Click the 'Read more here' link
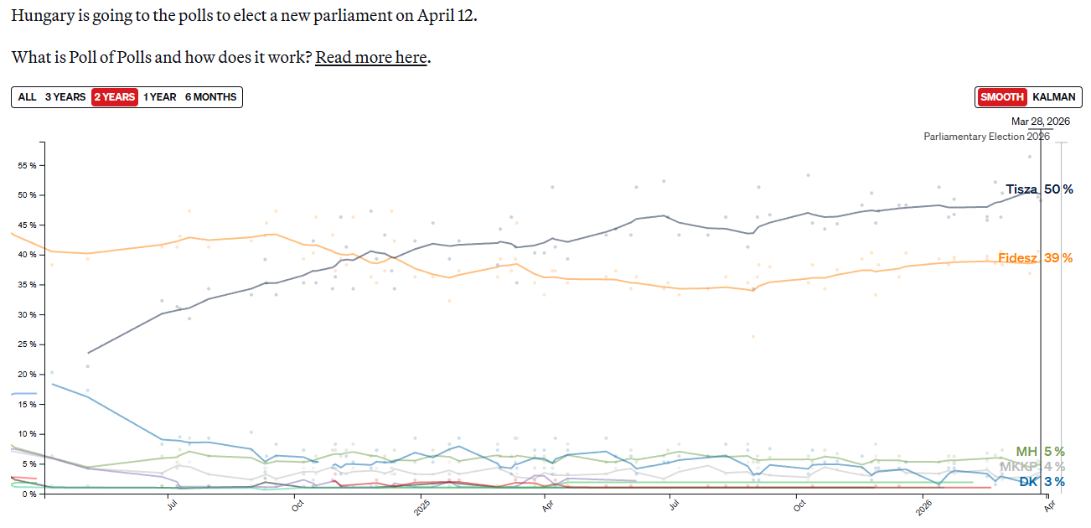tap(371, 58)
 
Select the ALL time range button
tap(27, 97)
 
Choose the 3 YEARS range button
tap(65, 97)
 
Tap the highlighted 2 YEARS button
tap(114, 97)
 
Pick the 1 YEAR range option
tap(159, 97)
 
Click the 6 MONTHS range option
tap(211, 97)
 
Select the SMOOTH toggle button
tap(1002, 97)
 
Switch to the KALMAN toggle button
tap(1054, 97)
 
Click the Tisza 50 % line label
tap(1039, 189)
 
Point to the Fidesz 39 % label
tap(1035, 258)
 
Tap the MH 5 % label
tap(1040, 452)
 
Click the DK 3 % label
tap(1042, 482)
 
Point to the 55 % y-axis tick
tap(27, 165)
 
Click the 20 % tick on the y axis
tap(27, 375)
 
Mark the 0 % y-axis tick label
tap(29, 494)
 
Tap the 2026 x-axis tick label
tap(923, 508)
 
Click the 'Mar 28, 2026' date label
tap(1041, 122)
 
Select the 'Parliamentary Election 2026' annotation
tap(986, 137)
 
